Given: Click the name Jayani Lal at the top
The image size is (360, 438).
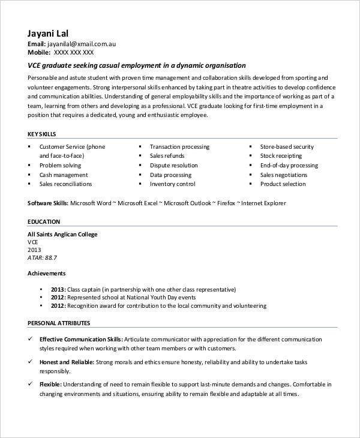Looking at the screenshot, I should [x=52, y=33].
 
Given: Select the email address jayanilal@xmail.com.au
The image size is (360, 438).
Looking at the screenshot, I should [x=82, y=44].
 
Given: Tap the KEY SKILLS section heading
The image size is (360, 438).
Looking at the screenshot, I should [x=43, y=134].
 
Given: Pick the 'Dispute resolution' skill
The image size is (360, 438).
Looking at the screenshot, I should [x=173, y=165].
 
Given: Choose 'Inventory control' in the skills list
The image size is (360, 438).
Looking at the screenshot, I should [x=172, y=184].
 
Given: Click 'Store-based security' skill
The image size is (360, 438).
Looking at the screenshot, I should [x=287, y=146].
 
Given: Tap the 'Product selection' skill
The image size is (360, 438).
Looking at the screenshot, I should [x=283, y=184].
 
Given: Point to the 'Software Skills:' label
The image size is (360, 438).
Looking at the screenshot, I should [x=48, y=203].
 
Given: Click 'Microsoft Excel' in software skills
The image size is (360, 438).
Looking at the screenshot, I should [x=139, y=203].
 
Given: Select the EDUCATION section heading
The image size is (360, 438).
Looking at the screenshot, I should [x=44, y=221].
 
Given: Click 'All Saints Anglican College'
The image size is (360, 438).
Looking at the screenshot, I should [x=62, y=234].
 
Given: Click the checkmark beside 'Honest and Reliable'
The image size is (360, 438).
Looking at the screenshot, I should [x=31, y=362].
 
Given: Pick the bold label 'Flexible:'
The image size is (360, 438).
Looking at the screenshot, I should [x=50, y=384].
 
